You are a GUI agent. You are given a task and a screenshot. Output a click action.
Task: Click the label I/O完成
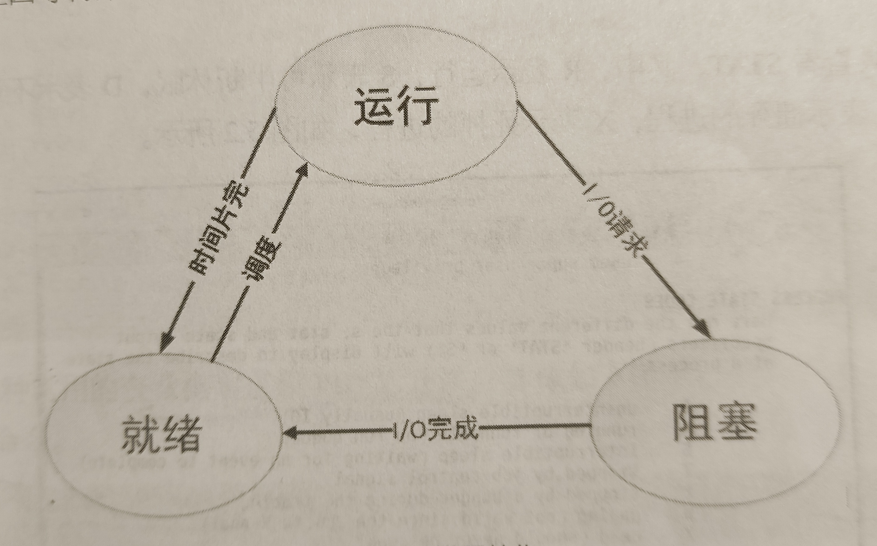coord(435,429)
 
